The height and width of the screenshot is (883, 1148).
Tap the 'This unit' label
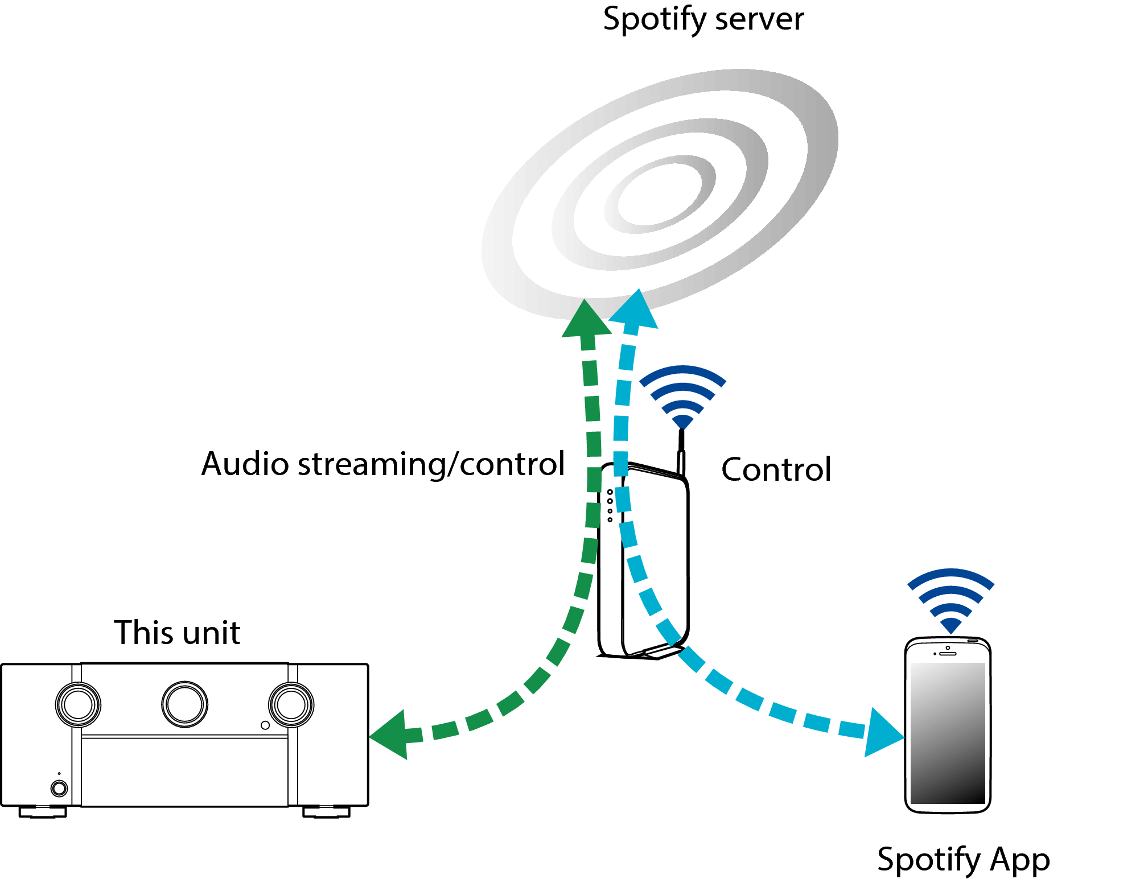click(x=177, y=633)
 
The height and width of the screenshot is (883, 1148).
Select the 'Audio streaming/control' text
click(x=383, y=464)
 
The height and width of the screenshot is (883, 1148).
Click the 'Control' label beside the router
click(x=776, y=470)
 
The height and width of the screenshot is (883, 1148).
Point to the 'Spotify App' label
click(x=963, y=859)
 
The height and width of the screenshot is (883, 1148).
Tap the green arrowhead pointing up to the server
click(x=586, y=320)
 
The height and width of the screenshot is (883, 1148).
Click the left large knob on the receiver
click(x=78, y=705)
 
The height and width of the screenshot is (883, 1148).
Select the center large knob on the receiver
click(x=184, y=704)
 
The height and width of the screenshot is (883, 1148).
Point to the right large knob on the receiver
click(x=291, y=705)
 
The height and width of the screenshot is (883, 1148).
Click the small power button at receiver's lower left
click(x=59, y=788)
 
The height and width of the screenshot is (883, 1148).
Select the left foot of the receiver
click(x=43, y=812)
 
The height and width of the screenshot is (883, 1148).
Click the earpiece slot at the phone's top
click(x=948, y=654)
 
